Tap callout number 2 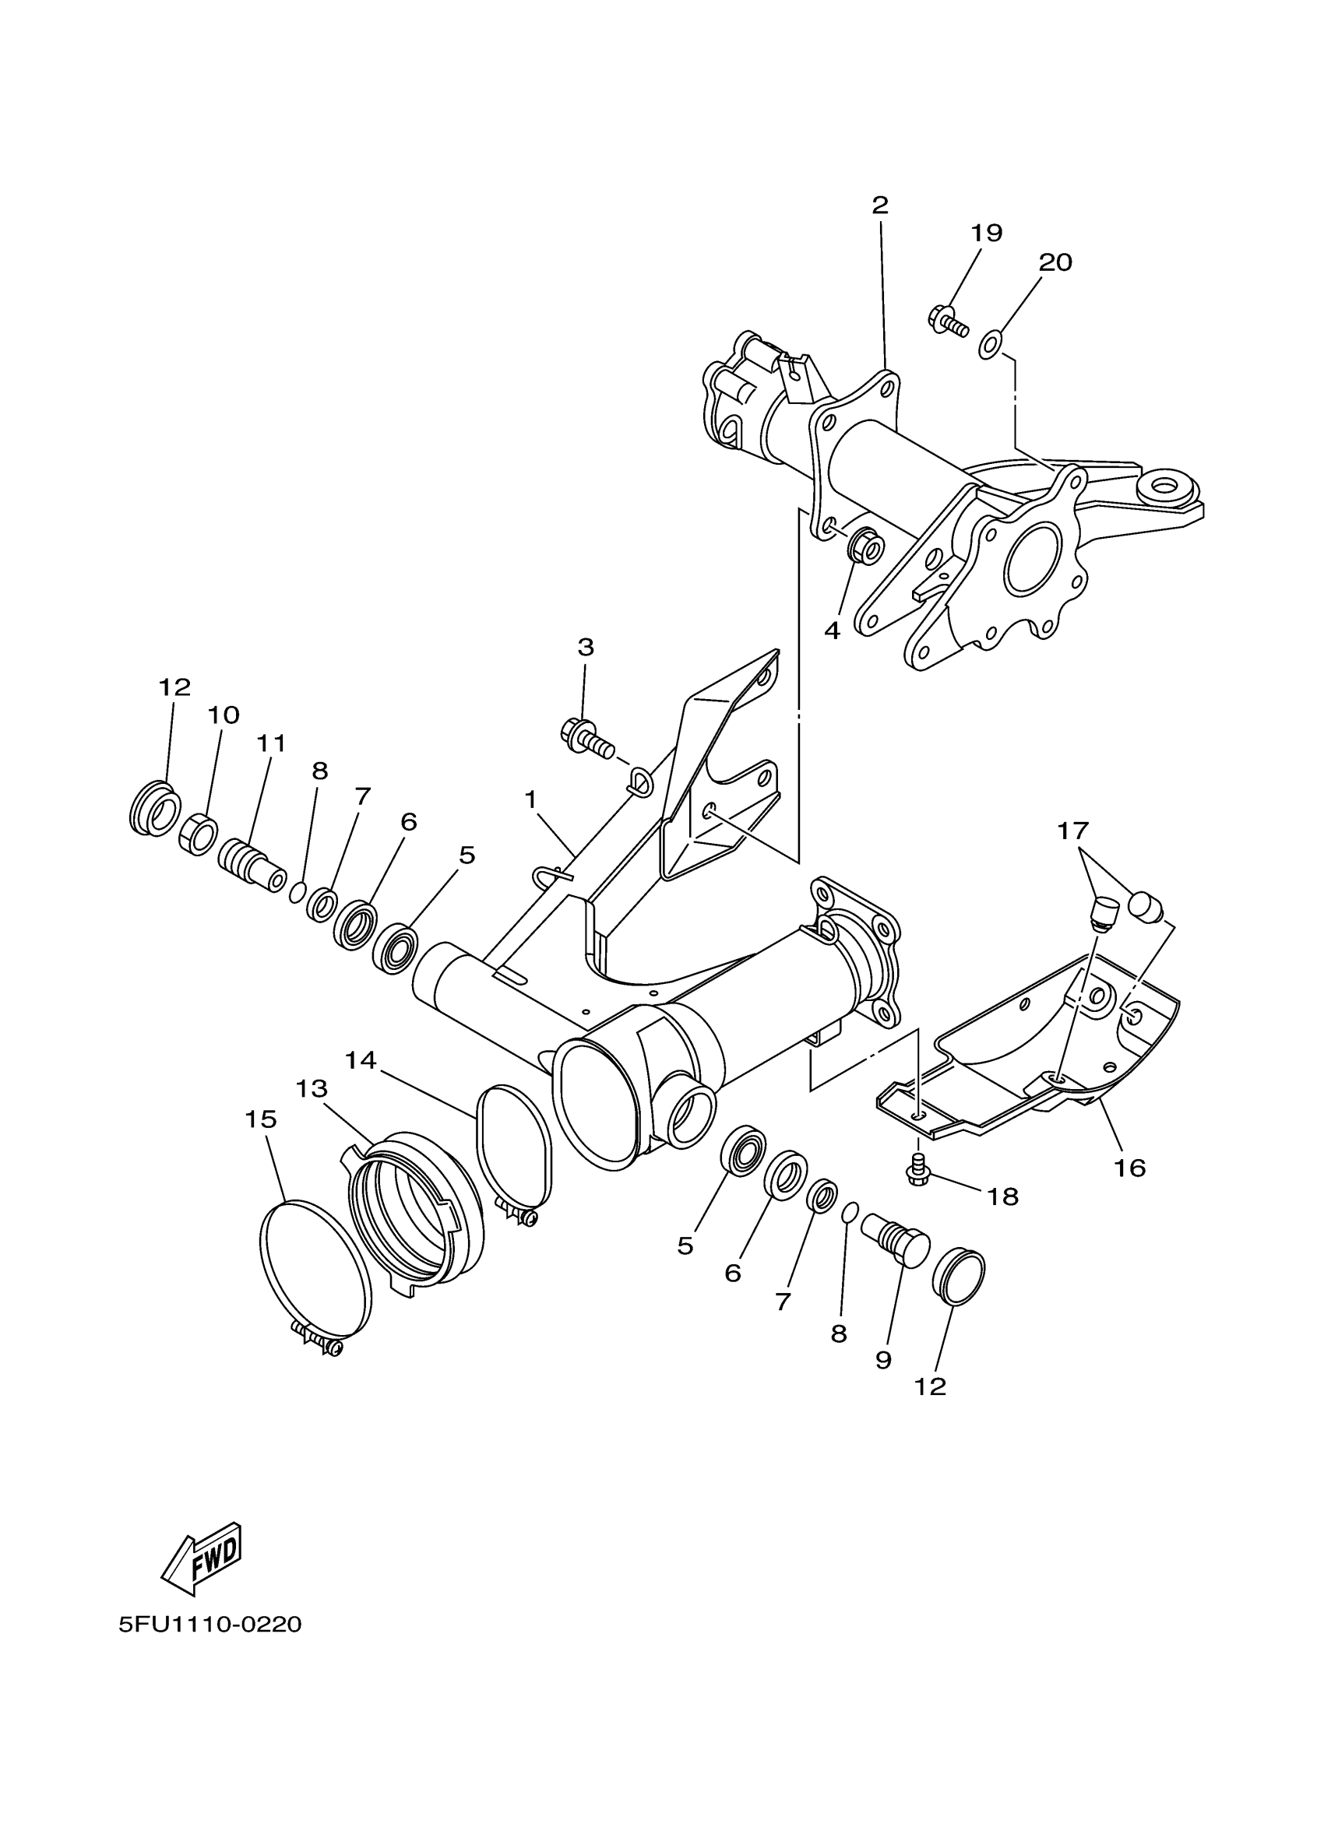(x=880, y=205)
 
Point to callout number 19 (x=986, y=233)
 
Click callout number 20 (x=1055, y=262)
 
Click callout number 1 (x=530, y=799)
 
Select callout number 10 (x=224, y=715)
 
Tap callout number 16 (x=1129, y=1167)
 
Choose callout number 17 (x=1072, y=831)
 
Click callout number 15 (x=261, y=1118)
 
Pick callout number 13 (x=312, y=1088)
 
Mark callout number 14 (x=361, y=1060)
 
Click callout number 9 (x=883, y=1360)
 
